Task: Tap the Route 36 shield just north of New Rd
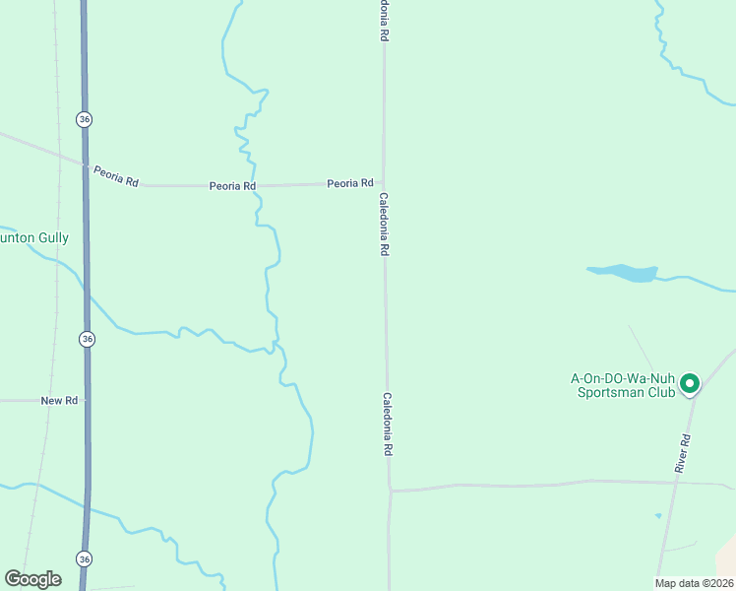pos(88,339)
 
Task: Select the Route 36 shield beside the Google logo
pos(84,558)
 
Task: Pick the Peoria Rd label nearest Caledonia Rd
pos(350,183)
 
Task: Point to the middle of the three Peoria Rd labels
pos(232,186)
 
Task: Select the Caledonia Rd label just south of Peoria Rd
pos(385,225)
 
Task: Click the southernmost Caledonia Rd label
pos(388,424)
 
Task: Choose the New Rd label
pos(59,401)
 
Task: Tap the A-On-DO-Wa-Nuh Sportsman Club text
pos(624,385)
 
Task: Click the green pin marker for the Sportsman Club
pos(690,382)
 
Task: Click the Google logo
pos(32,579)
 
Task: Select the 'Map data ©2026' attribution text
pos(693,583)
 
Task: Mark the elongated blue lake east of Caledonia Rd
pos(623,272)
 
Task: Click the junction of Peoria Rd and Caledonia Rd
pos(384,183)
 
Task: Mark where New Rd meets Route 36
pos(87,401)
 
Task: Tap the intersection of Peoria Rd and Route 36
pos(85,164)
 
